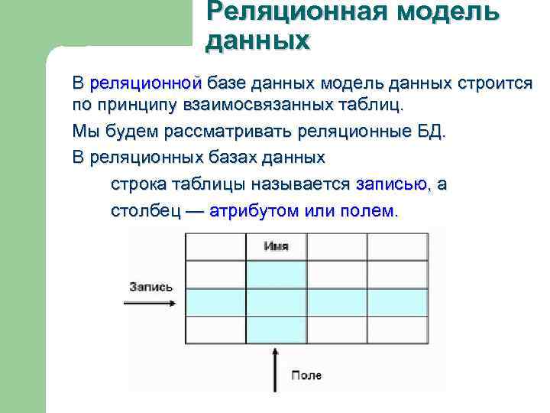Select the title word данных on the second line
click(257, 39)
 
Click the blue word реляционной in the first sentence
click(145, 83)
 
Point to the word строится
click(497, 83)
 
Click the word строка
click(136, 184)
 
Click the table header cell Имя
click(276, 246)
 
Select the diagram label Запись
click(151, 287)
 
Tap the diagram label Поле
click(306, 375)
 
